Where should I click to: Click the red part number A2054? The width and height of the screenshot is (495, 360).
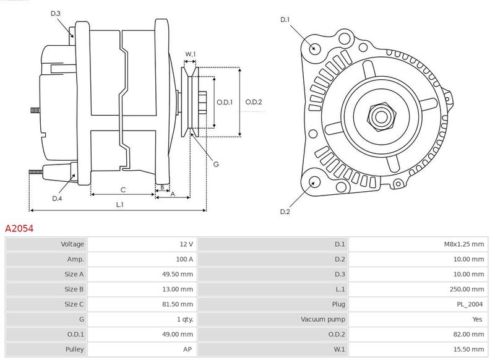(19, 228)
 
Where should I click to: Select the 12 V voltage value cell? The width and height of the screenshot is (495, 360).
(186, 244)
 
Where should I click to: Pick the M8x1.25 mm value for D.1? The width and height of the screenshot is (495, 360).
(463, 244)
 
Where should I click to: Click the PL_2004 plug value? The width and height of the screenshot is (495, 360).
(470, 304)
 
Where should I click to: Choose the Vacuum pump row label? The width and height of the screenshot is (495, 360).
(323, 319)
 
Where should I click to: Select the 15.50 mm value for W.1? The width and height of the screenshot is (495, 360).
(470, 349)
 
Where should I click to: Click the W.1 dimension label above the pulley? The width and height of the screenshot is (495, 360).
(191, 54)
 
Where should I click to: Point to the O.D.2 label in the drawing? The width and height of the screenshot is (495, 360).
(254, 102)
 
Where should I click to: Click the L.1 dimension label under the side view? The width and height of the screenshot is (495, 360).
(119, 204)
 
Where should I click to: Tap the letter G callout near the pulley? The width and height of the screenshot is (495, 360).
(216, 164)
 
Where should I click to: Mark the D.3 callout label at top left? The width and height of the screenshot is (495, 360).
(55, 14)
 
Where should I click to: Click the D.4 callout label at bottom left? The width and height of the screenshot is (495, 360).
(57, 198)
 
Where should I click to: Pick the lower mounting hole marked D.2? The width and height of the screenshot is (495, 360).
(313, 182)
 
